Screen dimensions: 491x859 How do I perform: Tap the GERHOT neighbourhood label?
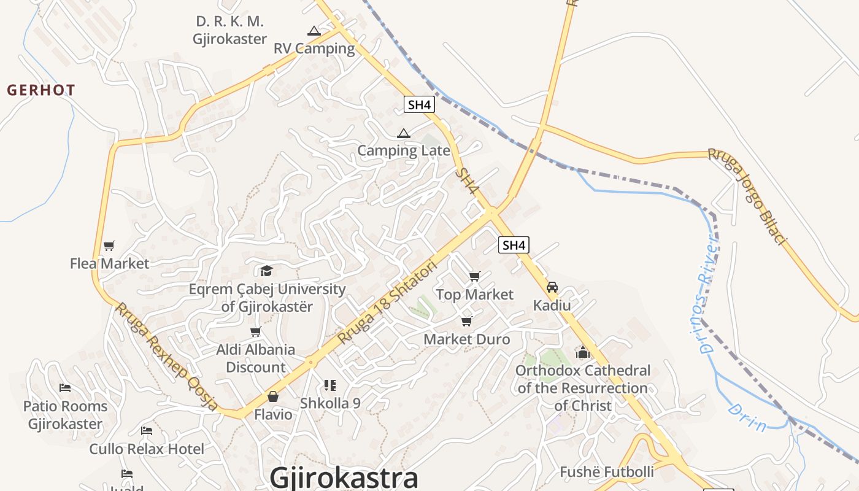[x=41, y=90]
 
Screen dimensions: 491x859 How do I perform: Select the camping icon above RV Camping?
[x=314, y=31]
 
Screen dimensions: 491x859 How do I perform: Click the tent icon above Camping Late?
[x=403, y=133]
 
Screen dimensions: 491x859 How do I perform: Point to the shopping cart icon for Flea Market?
[x=109, y=246]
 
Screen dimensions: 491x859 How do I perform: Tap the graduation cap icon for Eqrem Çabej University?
[x=266, y=271]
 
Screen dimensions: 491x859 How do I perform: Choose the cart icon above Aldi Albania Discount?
[x=256, y=332]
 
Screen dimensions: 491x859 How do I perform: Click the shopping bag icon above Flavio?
[x=273, y=397]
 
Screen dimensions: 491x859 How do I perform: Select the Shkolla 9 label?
[x=330, y=403]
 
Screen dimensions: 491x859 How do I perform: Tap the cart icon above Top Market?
[x=474, y=277]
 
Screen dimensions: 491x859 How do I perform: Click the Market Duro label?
[x=466, y=339]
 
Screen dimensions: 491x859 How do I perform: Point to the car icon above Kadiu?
[x=552, y=287]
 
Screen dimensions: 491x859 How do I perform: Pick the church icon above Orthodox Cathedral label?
[x=582, y=352]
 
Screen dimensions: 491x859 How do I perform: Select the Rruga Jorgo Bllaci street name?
[x=747, y=197]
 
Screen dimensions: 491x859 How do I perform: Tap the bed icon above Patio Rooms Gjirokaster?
[x=65, y=388]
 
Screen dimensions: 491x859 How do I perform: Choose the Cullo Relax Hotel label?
[x=147, y=449]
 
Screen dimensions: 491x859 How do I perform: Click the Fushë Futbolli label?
[x=606, y=472]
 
